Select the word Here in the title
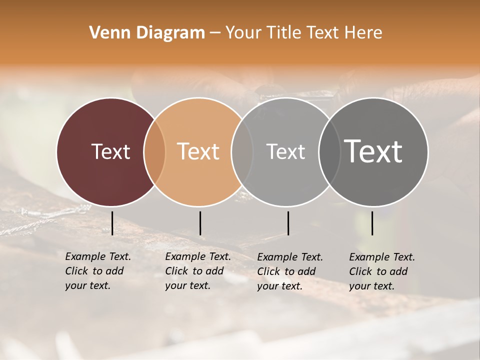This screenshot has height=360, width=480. coord(364,33)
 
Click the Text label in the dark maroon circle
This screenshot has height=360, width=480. coord(110,151)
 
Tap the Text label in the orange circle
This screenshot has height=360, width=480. coord(198,151)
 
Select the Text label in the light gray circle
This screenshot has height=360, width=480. coord(285,151)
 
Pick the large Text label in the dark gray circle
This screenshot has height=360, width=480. coord(373,151)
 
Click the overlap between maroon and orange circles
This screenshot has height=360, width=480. coord(154,152)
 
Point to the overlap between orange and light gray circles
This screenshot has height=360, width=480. coord(242,152)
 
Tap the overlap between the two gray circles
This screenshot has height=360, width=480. coord(329,152)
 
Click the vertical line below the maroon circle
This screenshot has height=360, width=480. coord(112,223)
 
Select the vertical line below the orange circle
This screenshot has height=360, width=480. coord(200,223)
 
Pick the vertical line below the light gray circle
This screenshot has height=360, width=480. coord(288,223)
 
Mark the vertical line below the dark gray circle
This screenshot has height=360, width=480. coord(372,223)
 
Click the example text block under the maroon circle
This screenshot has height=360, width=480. coord(98,271)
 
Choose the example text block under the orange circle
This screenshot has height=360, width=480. coord(198,271)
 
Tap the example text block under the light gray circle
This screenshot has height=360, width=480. coord(290,271)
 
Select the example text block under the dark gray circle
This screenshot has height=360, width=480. coord(382,271)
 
